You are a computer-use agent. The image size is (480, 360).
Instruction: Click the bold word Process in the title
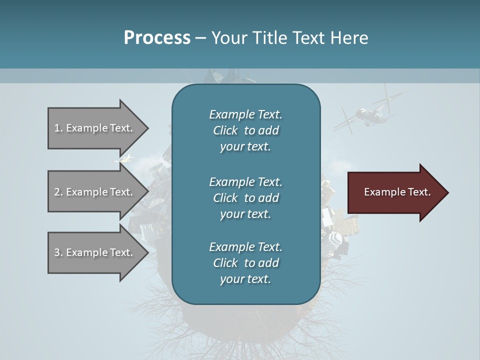tap(157, 38)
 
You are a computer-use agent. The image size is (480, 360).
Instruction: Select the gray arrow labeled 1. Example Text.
tap(95, 128)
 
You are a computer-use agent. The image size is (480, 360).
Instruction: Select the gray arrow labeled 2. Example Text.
tap(95, 192)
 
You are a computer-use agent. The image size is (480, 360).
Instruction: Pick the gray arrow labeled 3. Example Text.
tap(95, 252)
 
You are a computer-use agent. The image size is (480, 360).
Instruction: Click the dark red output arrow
tap(395, 192)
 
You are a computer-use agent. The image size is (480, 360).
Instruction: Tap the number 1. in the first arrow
tap(58, 128)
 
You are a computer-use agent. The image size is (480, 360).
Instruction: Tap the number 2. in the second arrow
tap(58, 192)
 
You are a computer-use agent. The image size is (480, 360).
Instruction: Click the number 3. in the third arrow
tap(58, 252)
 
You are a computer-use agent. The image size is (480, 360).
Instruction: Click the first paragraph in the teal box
tap(245, 130)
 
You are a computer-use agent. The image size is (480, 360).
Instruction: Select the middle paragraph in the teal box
tap(245, 197)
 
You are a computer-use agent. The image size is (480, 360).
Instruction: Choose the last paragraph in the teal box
tap(245, 263)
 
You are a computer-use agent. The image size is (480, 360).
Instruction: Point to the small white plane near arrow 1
tap(124, 159)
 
